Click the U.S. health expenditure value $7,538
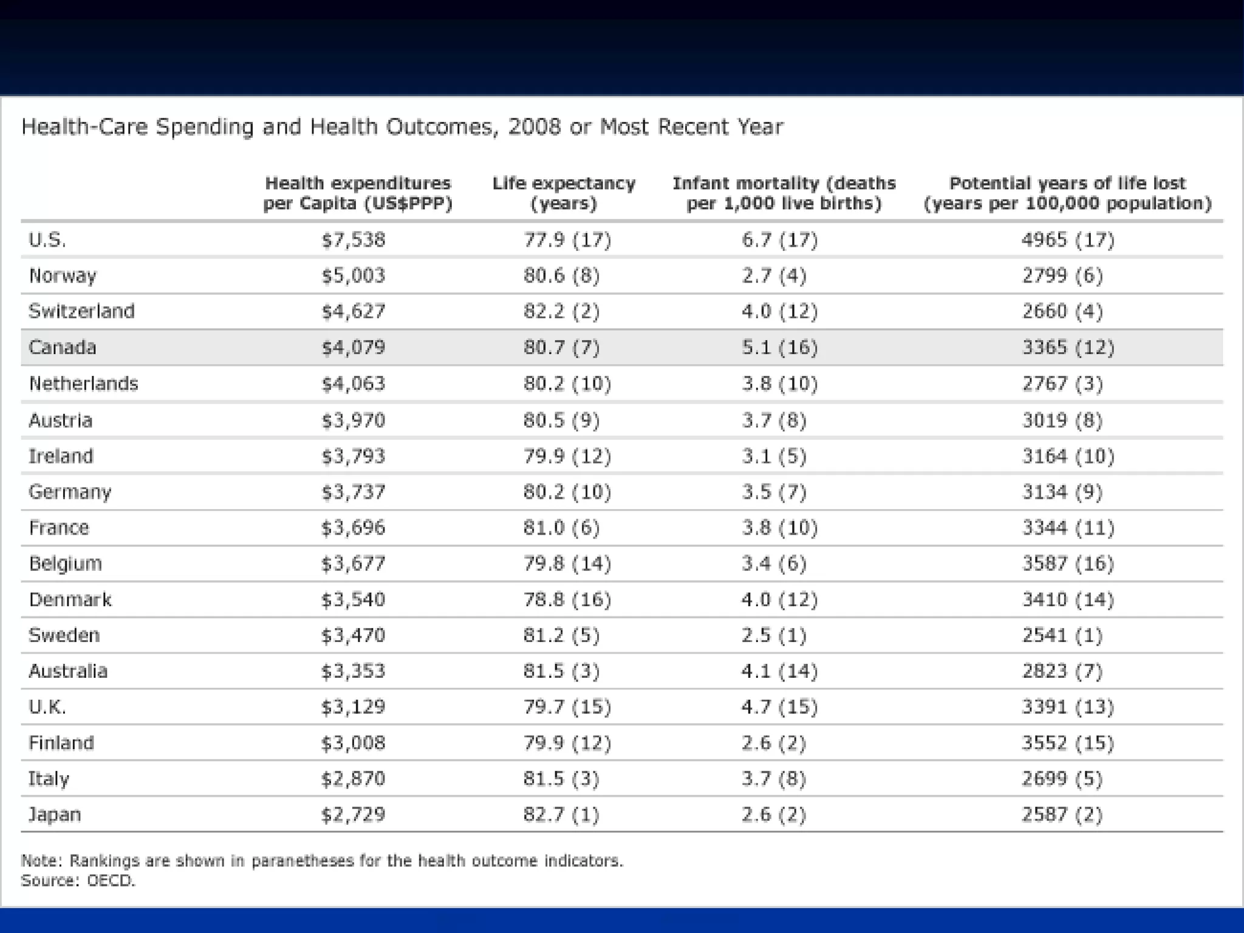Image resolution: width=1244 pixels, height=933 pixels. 353,240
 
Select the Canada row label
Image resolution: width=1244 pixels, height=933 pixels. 62,347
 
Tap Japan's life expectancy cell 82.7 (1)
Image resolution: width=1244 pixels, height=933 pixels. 561,815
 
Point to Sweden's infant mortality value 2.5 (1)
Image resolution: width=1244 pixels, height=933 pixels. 773,635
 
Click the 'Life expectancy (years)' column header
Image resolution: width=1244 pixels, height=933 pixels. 564,193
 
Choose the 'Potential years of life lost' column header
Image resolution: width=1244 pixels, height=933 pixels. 1067,193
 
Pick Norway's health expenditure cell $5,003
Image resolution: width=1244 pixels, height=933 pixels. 353,276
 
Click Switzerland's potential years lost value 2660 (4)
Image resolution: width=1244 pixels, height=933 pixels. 1062,312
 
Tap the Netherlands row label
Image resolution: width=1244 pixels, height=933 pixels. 83,384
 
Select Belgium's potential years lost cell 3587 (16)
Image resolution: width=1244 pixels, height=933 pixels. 1067,564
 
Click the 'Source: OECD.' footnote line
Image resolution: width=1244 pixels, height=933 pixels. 78,880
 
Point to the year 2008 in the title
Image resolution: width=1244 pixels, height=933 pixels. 535,127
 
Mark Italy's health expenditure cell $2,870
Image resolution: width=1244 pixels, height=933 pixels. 353,779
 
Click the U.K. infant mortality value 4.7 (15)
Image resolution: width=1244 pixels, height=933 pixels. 779,707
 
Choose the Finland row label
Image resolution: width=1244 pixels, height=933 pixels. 61,743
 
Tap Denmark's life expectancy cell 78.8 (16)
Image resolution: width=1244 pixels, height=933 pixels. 567,600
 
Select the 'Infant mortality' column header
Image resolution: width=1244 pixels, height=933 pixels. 784,193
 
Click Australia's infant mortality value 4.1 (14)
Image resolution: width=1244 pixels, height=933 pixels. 779,671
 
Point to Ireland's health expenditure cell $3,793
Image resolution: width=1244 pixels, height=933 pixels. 353,456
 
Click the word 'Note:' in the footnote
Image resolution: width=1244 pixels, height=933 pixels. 41,861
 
